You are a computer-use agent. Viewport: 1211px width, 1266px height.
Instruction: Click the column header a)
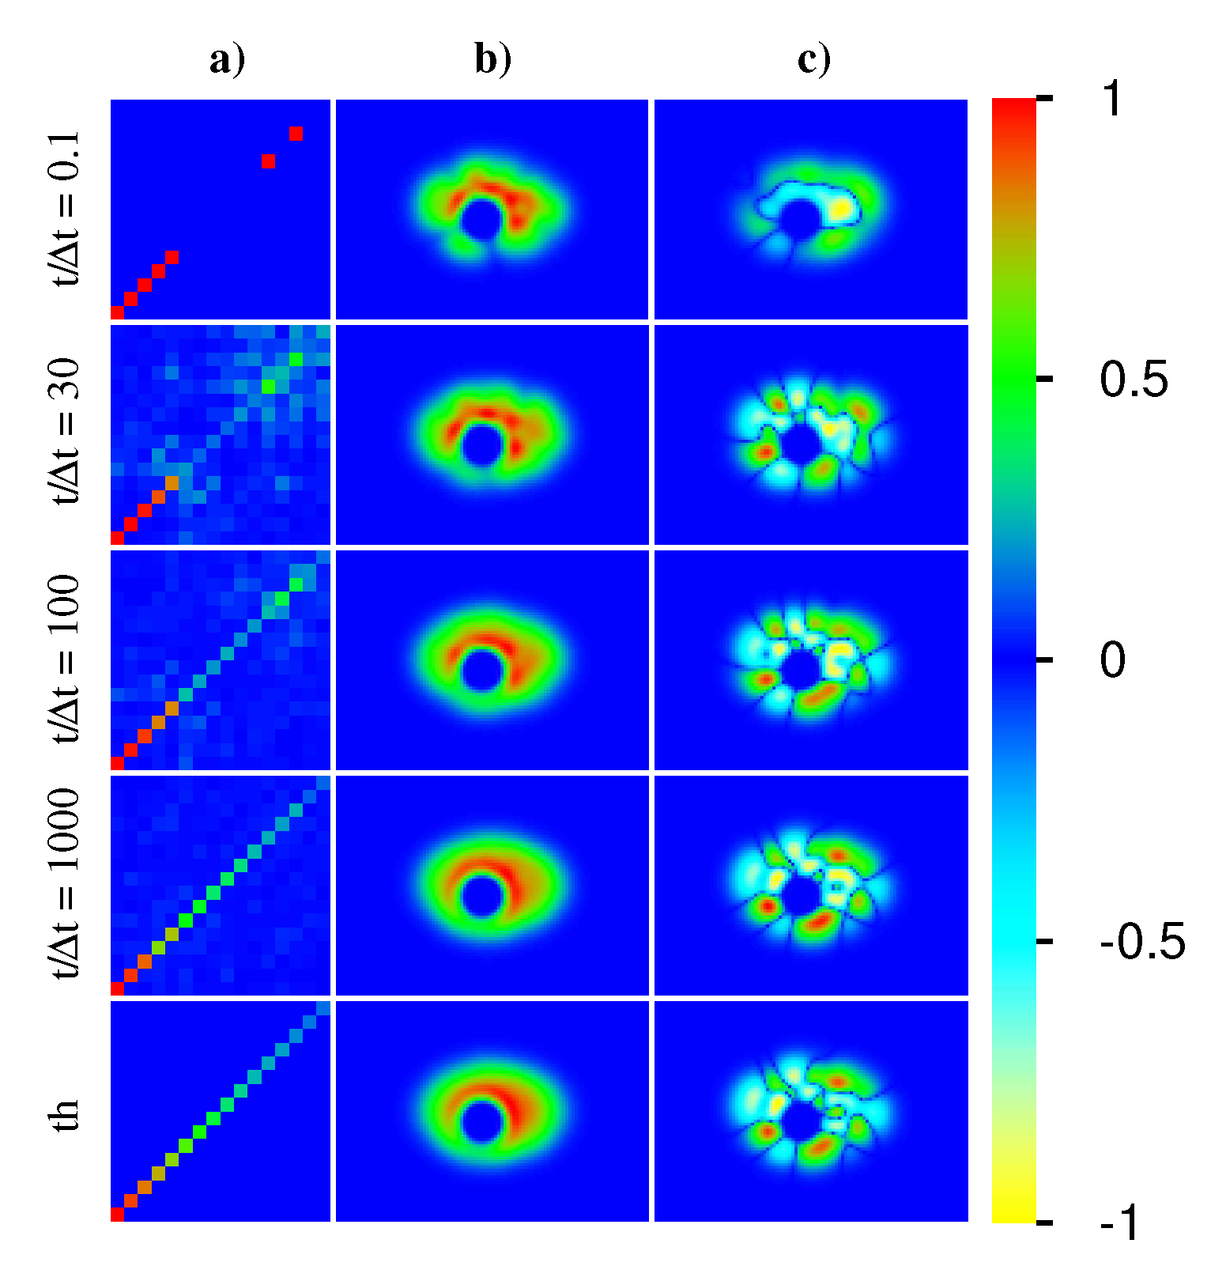tap(227, 59)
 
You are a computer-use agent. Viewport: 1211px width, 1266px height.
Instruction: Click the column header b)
tap(493, 59)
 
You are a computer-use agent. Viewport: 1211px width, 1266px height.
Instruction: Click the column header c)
tap(813, 59)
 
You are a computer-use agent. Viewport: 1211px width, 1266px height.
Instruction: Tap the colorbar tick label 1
tap(1112, 100)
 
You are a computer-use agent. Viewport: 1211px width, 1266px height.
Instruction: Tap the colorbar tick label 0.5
tap(1134, 380)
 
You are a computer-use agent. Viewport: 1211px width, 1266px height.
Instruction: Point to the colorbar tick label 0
tap(1112, 660)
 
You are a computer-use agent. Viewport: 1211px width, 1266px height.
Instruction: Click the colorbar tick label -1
tap(1120, 1223)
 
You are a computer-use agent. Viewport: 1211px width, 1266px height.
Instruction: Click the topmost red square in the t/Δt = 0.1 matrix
tap(296, 134)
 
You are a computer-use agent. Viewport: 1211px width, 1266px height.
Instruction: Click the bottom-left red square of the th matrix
tap(118, 1215)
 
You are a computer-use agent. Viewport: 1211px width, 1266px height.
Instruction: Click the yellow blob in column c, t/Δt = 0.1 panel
tap(843, 209)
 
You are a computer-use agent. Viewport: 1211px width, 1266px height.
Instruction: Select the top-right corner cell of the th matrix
tap(323, 1008)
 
